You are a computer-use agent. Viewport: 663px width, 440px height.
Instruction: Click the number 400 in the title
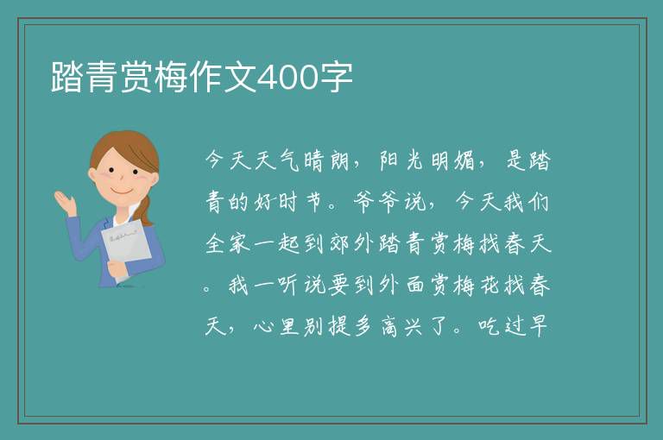click(287, 77)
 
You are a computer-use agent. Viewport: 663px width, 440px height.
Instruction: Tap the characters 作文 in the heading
click(223, 77)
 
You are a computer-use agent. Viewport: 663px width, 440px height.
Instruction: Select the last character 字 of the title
click(336, 77)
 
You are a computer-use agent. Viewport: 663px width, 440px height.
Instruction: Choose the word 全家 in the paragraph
click(228, 243)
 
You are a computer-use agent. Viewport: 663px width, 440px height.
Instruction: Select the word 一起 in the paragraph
click(278, 243)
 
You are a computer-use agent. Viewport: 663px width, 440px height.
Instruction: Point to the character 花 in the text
click(489, 285)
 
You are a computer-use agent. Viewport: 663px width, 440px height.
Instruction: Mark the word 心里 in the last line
click(276, 326)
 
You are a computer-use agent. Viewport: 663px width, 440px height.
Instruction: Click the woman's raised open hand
click(66, 202)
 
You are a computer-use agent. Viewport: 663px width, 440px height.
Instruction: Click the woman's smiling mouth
click(122, 191)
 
